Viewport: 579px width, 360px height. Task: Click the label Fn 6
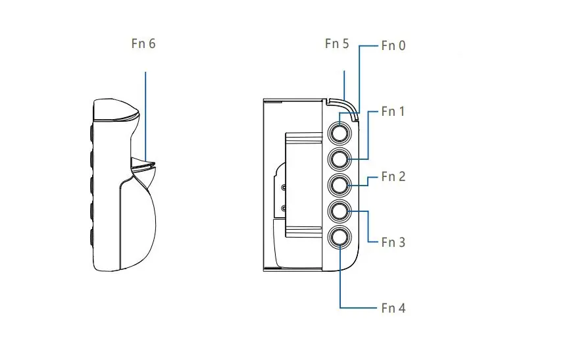[x=143, y=44]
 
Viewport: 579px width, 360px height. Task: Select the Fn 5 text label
[x=337, y=44]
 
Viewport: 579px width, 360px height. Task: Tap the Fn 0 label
[x=393, y=46]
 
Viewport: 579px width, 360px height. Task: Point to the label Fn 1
[x=393, y=111]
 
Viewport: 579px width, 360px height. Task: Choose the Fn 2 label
[x=393, y=176]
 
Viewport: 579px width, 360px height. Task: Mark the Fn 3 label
[x=393, y=242]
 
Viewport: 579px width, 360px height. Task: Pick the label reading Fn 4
[x=393, y=307]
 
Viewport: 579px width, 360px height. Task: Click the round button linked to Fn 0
[x=340, y=133]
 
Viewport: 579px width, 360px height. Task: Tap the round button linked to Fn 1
[x=340, y=159]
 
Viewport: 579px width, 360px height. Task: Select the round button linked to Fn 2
[x=340, y=185]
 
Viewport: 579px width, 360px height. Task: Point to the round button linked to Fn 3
[x=340, y=211]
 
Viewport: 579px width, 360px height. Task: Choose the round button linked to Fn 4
[x=340, y=238]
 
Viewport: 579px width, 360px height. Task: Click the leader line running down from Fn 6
[x=145, y=112]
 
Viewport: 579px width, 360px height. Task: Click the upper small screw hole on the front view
[x=284, y=188]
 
